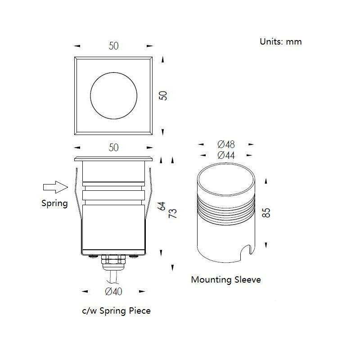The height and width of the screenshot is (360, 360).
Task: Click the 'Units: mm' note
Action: [280, 41]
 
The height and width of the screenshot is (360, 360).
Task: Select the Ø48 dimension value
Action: [226, 144]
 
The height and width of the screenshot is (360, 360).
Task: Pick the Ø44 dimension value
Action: [226, 155]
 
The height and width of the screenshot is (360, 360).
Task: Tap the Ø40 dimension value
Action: [113, 291]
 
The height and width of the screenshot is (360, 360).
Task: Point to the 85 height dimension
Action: [266, 212]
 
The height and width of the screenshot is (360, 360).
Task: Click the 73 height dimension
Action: [173, 213]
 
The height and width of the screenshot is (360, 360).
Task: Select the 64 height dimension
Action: [162, 206]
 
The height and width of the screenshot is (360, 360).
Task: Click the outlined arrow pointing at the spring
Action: [55, 187]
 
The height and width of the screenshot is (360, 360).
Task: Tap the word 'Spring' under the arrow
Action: [54, 203]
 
